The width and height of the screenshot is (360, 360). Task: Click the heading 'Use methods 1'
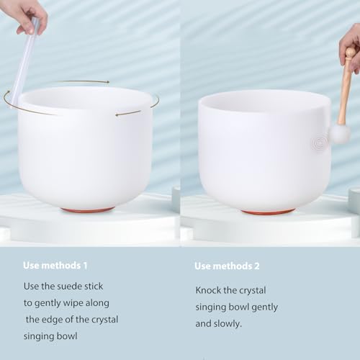[x=56, y=266]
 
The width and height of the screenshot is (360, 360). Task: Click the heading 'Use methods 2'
[x=228, y=266]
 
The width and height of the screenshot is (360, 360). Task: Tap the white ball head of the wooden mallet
[x=339, y=133]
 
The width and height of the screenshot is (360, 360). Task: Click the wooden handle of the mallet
[x=346, y=86]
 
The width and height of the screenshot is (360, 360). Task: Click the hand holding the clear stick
[x=25, y=13]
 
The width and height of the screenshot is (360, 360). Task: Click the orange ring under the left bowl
[x=87, y=210]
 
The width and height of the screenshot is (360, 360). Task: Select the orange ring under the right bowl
[x=267, y=212]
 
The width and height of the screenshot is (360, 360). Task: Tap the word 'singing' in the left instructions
[x=41, y=336]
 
